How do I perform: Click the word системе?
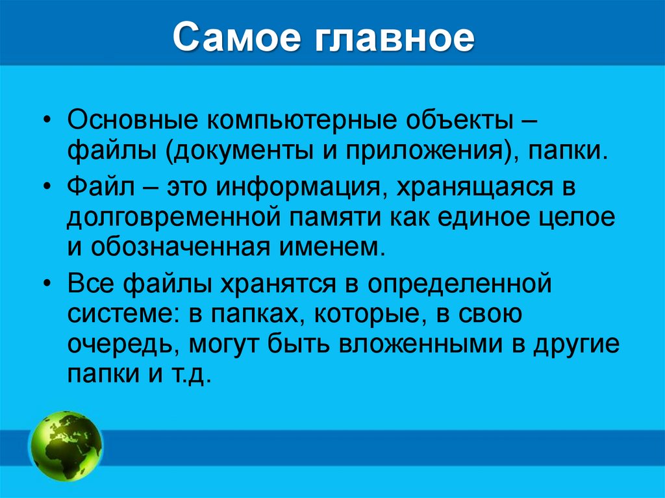click(x=121, y=314)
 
